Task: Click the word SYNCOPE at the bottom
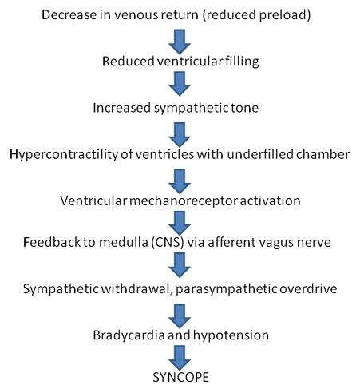click(x=180, y=375)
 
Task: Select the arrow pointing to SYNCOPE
click(x=180, y=353)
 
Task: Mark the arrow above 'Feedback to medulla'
click(x=180, y=219)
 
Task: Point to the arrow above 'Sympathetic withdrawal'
click(x=180, y=264)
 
